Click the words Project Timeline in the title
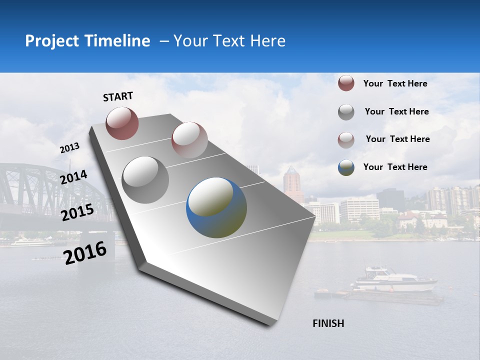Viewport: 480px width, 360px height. [x=87, y=41]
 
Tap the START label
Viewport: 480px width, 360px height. [x=118, y=96]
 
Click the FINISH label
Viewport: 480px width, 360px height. [x=328, y=323]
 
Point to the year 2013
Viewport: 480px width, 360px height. [x=69, y=148]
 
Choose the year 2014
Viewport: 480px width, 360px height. [x=73, y=177]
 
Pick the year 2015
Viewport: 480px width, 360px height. [x=77, y=212]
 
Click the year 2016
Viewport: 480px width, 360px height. [x=85, y=252]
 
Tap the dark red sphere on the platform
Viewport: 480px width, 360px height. [x=122, y=123]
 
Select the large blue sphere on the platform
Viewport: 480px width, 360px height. [x=216, y=207]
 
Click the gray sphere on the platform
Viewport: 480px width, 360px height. [x=145, y=180]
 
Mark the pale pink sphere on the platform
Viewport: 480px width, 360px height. [x=189, y=139]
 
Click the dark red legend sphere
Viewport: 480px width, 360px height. [x=346, y=83]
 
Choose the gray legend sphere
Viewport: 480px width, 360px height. [x=346, y=112]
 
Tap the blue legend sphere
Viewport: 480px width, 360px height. [x=346, y=167]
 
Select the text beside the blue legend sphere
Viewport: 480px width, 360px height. [x=395, y=167]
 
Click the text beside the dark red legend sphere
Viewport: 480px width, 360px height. [x=395, y=83]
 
